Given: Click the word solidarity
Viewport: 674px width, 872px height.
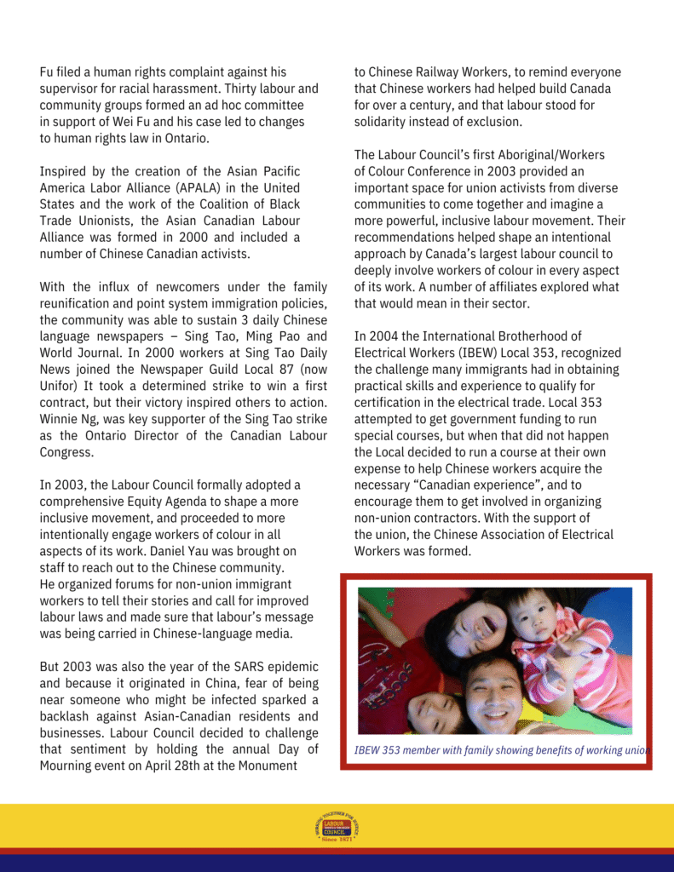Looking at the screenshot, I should [x=383, y=123].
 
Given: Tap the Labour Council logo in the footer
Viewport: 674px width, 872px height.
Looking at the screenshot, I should [x=337, y=827].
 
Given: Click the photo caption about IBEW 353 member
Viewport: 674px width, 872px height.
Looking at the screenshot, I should [x=502, y=750].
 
